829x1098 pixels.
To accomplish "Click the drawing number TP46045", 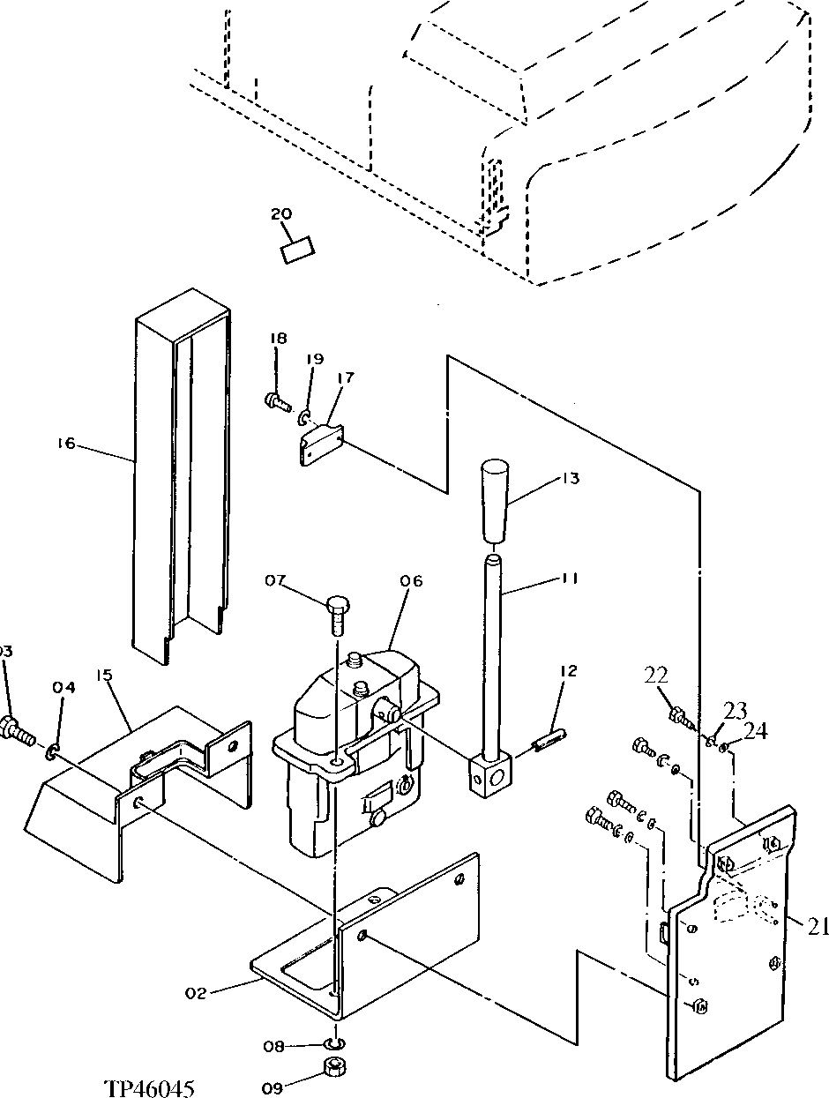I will coord(148,1087).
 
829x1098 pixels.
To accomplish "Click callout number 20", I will coord(281,214).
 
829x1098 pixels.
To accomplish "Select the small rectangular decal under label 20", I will coord(297,249).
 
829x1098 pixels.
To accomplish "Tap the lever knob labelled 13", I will coord(495,500).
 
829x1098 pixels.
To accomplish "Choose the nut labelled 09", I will coord(334,1068).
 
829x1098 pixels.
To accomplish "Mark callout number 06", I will coord(411,581).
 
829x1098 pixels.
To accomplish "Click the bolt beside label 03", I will coord(18,731).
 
